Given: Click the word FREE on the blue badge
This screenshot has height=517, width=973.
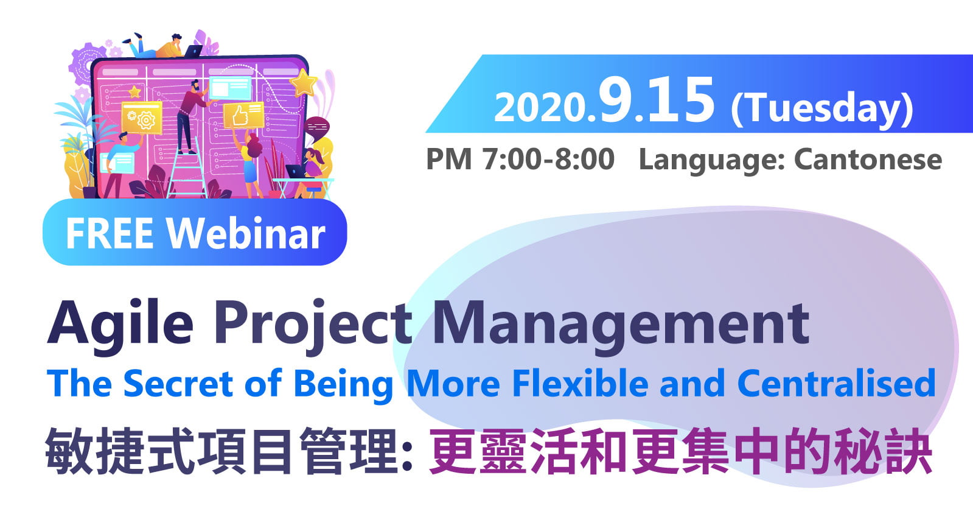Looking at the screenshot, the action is click(x=109, y=233).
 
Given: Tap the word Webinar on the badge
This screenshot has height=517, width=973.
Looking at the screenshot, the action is click(x=246, y=233).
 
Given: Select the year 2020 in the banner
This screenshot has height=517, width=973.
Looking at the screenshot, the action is click(x=540, y=107).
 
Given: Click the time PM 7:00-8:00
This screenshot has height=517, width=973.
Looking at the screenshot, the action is click(x=520, y=159).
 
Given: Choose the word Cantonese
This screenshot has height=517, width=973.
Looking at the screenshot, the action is click(x=868, y=160).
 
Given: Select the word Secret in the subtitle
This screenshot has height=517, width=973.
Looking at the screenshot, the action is click(x=178, y=384).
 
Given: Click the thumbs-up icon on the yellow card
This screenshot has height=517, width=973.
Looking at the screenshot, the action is click(x=240, y=116).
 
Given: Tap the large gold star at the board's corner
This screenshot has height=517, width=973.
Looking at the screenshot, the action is click(x=303, y=82).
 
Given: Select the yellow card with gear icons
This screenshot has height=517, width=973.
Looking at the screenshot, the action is click(x=142, y=118).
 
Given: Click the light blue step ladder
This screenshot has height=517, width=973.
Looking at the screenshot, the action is click(x=187, y=169).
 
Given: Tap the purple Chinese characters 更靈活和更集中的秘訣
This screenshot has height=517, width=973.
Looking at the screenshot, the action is click(x=680, y=451).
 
